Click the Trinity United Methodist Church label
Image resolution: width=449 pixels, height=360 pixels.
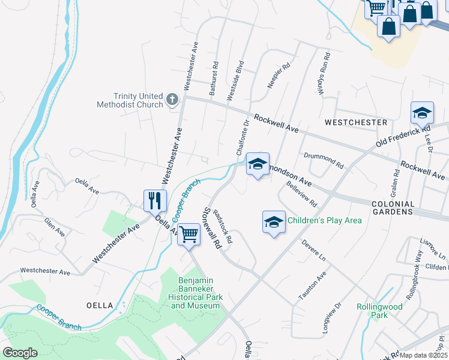point(130,100)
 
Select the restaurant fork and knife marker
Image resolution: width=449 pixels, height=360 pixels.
point(155,200)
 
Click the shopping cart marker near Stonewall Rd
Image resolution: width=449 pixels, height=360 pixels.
point(188,234)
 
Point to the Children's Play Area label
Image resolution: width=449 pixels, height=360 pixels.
point(325,220)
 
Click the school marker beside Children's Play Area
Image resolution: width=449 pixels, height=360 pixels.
point(274,222)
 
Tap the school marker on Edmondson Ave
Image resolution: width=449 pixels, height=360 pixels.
point(258,164)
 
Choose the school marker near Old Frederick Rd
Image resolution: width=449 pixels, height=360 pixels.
point(422,113)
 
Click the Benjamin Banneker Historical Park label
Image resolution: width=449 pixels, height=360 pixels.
point(196,293)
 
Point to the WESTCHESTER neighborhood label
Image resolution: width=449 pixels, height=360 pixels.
point(356,122)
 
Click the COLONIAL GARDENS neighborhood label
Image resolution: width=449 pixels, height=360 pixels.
point(393,208)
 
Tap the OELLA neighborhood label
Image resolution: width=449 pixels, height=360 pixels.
point(99,305)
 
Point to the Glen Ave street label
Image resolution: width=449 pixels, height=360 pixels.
point(53,227)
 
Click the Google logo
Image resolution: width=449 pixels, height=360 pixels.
point(20,353)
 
